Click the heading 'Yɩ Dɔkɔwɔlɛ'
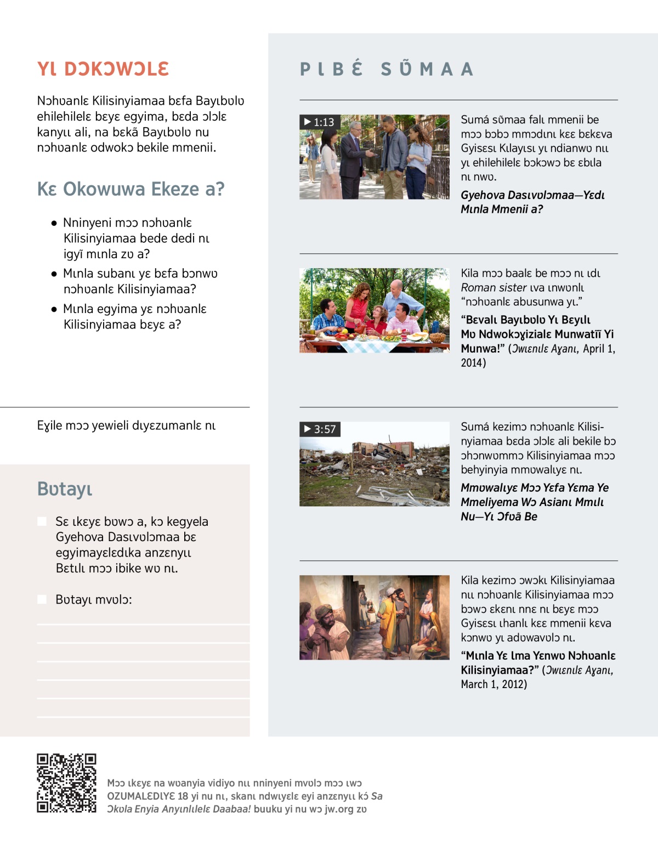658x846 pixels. [x=103, y=69]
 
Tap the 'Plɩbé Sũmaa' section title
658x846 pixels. [x=387, y=69]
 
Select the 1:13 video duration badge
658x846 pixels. [x=320, y=122]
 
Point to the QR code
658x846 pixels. [x=66, y=783]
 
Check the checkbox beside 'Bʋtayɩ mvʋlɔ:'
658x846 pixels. [x=42, y=599]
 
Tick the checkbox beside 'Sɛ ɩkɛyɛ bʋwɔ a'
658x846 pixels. [x=42, y=521]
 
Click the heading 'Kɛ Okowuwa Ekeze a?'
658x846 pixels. [x=131, y=189]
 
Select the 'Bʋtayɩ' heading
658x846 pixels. [x=65, y=489]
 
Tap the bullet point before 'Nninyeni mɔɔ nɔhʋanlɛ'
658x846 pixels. [x=54, y=223]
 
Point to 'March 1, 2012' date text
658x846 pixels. [x=493, y=684]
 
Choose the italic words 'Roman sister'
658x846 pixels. [x=493, y=287]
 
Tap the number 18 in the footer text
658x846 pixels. [x=183, y=796]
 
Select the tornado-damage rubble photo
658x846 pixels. [x=375, y=464]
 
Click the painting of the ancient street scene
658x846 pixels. [x=375, y=617]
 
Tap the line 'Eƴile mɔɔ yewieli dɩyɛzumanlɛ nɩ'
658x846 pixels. [x=126, y=425]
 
